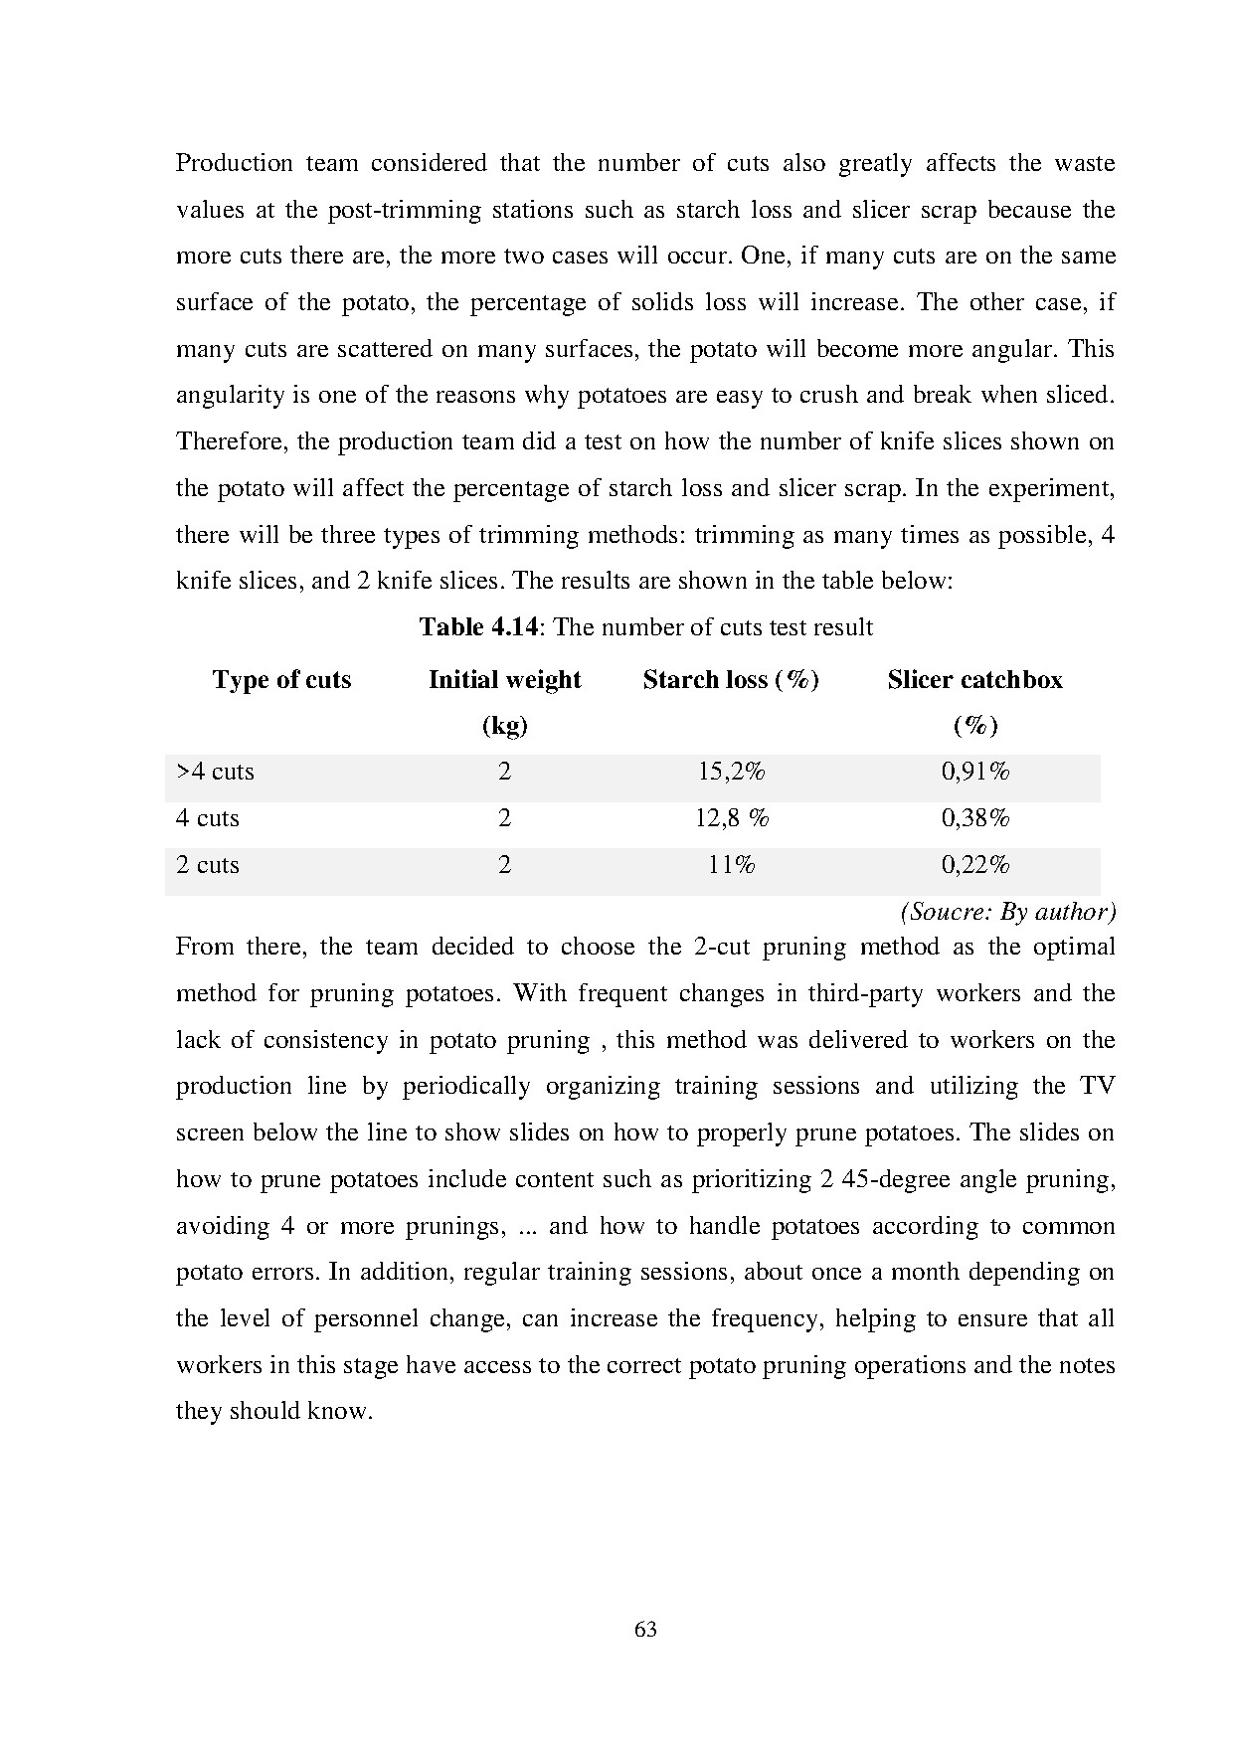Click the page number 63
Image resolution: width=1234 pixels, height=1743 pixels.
(x=645, y=1630)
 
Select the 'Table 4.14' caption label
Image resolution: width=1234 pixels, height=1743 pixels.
(x=478, y=627)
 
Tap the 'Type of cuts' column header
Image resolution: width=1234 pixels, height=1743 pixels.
(x=281, y=680)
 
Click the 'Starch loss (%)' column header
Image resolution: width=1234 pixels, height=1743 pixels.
(x=731, y=680)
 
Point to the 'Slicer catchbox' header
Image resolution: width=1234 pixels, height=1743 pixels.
(x=974, y=680)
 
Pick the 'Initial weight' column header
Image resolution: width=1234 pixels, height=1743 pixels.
(x=504, y=680)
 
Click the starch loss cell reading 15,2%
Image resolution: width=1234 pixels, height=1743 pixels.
(x=731, y=772)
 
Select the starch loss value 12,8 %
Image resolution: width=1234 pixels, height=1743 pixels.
(x=731, y=818)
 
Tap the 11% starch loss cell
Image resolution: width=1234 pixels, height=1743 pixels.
(x=731, y=865)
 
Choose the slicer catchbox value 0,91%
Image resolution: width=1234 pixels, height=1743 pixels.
(x=975, y=772)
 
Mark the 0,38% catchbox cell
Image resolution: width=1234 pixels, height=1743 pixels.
(x=975, y=818)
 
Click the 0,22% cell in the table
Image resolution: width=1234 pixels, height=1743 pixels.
(x=975, y=865)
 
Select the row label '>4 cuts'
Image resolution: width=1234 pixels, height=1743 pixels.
(x=215, y=772)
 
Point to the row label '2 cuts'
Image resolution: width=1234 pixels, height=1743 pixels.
(x=208, y=865)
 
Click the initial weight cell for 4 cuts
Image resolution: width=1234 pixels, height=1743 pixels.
(x=504, y=818)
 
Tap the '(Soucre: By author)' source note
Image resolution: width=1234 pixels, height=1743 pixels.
(x=1007, y=912)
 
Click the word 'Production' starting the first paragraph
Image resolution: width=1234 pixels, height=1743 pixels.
(x=234, y=163)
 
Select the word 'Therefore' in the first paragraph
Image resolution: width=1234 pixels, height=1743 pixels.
(x=232, y=441)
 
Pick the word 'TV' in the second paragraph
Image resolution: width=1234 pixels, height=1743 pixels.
(x=1097, y=1086)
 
